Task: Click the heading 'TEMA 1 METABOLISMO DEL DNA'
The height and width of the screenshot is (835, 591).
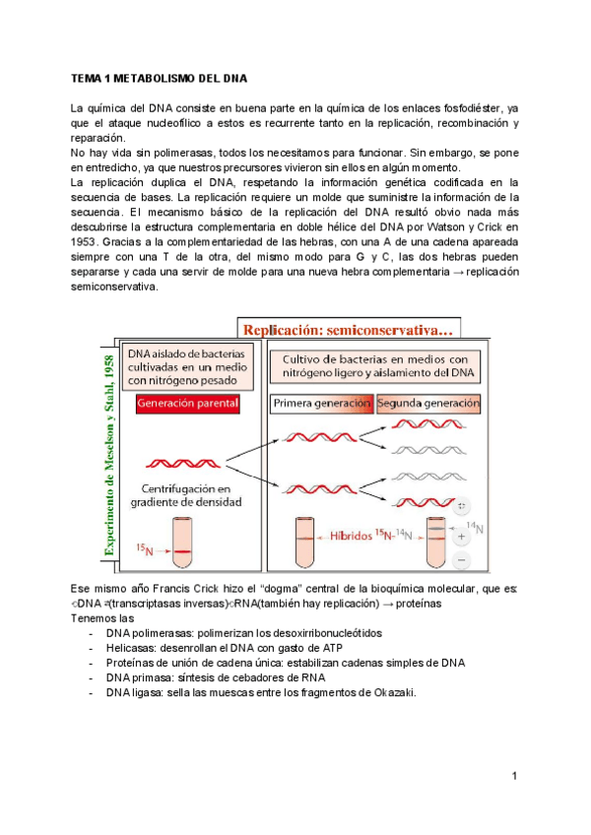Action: [159, 77]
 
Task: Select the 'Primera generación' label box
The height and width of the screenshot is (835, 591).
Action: [321, 404]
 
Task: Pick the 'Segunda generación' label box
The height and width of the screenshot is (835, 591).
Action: [427, 404]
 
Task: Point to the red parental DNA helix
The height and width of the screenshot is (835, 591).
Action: [177, 462]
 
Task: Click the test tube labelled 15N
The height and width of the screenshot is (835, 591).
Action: [180, 543]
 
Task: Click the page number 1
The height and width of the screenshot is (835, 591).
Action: [514, 777]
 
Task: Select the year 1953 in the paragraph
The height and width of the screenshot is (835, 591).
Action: [85, 241]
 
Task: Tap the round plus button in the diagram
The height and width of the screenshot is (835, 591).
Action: [463, 538]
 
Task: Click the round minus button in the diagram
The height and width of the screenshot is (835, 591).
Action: [463, 558]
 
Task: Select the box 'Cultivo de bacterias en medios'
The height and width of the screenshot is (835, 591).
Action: [375, 366]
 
